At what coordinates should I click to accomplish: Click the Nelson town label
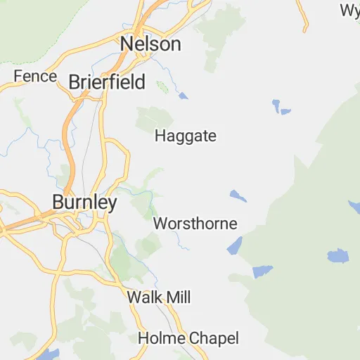150,44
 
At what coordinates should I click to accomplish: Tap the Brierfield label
107,82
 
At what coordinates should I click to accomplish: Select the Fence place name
34,76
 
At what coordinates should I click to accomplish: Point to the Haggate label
185,136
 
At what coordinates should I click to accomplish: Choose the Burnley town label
84,202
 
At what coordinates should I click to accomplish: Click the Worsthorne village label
195,224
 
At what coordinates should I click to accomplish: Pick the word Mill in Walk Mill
177,297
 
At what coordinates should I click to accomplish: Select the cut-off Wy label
349,10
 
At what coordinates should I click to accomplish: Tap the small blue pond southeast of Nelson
184,96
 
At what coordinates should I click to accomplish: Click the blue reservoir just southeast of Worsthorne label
234,246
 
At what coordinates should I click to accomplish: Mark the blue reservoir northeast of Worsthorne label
238,195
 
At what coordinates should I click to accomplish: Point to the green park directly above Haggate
154,118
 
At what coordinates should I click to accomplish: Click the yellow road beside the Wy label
303,18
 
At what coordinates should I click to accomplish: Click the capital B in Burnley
58,202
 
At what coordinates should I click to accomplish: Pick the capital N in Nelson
127,44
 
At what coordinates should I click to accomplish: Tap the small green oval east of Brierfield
162,88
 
